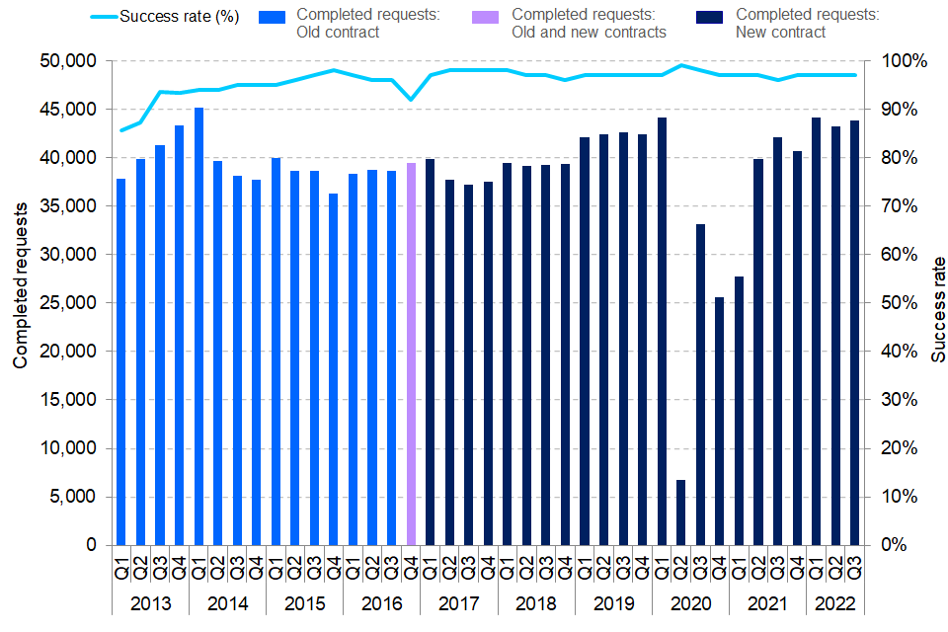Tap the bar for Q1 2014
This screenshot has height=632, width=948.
point(198,326)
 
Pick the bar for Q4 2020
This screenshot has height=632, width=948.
point(719,421)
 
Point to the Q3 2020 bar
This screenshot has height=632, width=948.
point(700,384)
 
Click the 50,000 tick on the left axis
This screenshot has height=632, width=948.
point(68,61)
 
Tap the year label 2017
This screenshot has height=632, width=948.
point(458,603)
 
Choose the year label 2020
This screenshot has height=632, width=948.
point(690,603)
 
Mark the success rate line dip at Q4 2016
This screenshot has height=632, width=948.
point(411,100)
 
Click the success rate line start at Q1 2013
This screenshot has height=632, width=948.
point(121,130)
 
